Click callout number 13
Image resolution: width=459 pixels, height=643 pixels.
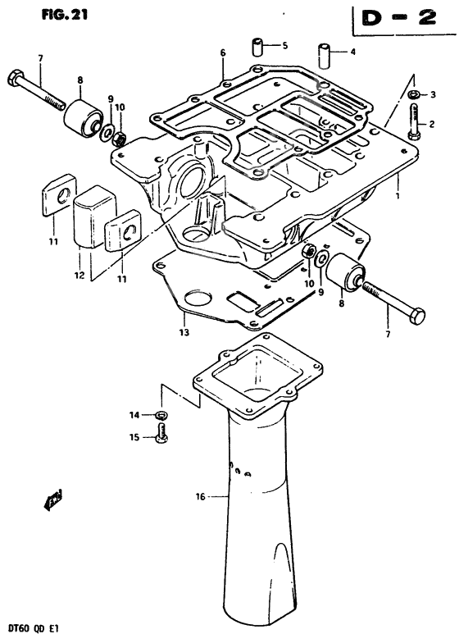pos(184,331)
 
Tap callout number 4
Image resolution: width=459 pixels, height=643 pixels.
pos(353,52)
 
